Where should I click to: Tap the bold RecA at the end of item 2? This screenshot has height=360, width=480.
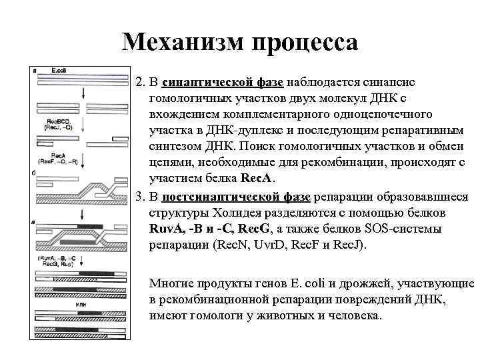[x=256, y=179]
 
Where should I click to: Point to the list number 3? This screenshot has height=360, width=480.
[x=139, y=197]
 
